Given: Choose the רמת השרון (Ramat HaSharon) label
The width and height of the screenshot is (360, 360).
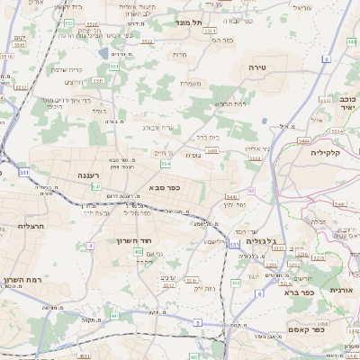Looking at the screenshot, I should [x=23, y=282].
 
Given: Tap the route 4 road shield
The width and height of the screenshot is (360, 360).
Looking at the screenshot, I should [x=90, y=245].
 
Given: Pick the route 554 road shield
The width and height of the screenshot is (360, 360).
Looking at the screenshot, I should [x=166, y=166].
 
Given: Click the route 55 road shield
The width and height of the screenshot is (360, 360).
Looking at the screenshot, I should [x=251, y=191].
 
